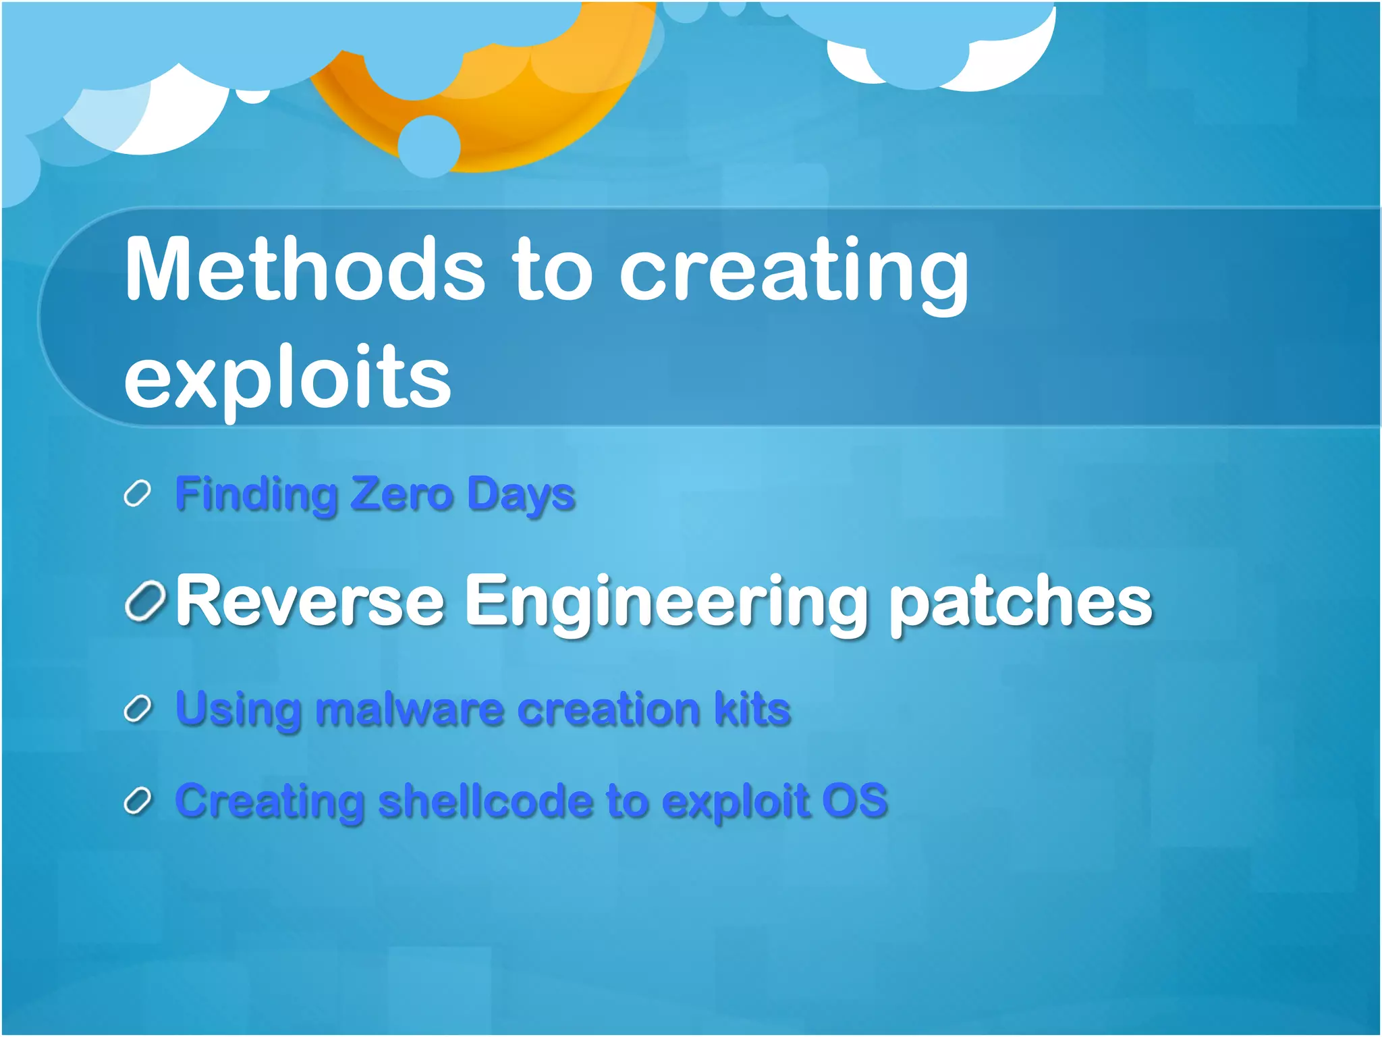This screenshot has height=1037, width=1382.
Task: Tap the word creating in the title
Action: point(793,273)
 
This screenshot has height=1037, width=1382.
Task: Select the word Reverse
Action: point(310,601)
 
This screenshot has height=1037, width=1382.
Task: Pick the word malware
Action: point(409,710)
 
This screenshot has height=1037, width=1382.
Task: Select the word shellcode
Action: point(485,801)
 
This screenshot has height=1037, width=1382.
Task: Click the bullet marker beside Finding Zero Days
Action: point(137,494)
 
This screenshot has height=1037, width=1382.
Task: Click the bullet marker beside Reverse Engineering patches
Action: point(145,601)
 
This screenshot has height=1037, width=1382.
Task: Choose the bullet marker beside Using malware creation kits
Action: point(137,710)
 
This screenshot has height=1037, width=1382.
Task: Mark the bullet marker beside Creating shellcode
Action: point(137,802)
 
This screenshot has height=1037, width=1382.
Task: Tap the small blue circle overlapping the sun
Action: point(429,146)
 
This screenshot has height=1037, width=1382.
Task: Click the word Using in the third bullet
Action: point(238,710)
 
